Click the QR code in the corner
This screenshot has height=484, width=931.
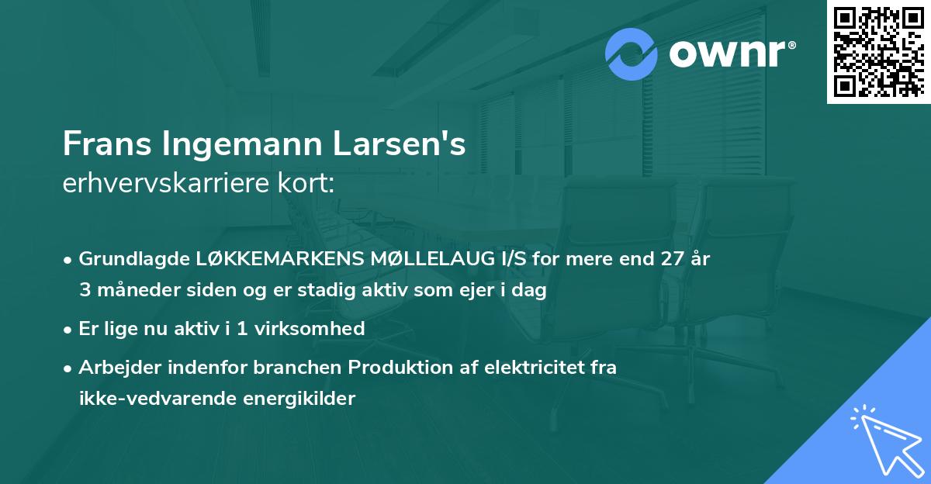(879, 51)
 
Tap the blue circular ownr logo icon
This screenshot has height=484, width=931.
(631, 54)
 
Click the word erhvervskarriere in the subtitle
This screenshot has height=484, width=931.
(159, 183)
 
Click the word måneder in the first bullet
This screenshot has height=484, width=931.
(131, 291)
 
